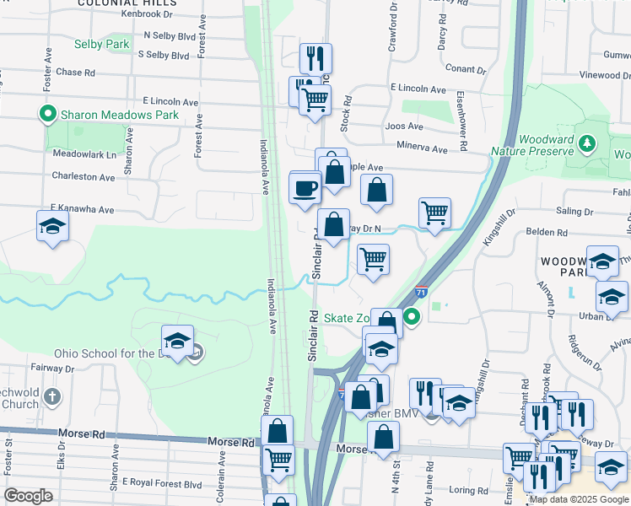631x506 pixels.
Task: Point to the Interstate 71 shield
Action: pyautogui.click(x=420, y=293)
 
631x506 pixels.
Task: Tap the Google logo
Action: pyautogui.click(x=29, y=496)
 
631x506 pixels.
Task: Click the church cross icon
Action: pyautogui.click(x=52, y=396)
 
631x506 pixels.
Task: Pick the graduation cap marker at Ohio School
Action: pyautogui.click(x=177, y=341)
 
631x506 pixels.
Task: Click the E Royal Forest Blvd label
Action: pyautogui.click(x=162, y=483)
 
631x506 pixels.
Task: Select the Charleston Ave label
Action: pyautogui.click(x=83, y=177)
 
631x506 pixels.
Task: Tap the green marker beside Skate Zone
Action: pyautogui.click(x=412, y=317)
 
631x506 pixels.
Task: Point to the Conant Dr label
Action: pyautogui.click(x=461, y=68)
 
